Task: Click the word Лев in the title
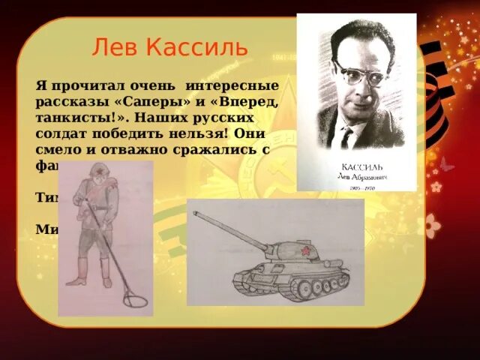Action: coord(114,48)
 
